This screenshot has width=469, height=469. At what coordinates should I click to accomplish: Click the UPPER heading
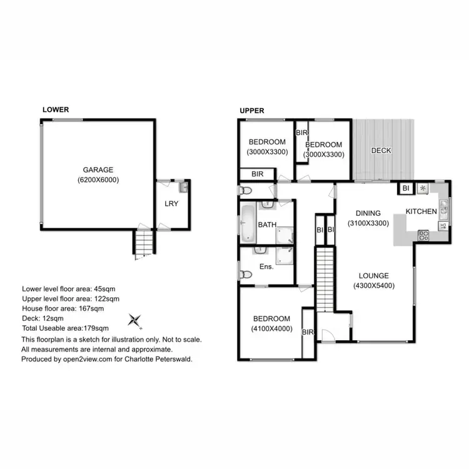[x=252, y=111]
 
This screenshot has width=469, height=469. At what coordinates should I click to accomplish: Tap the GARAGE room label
[x=99, y=169]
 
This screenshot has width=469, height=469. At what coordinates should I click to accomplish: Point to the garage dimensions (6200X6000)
[x=99, y=179]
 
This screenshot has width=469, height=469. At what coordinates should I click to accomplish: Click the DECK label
[x=381, y=151]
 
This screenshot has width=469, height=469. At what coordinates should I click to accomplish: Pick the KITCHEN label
[x=421, y=211]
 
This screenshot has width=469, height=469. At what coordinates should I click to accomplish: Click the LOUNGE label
[x=373, y=276]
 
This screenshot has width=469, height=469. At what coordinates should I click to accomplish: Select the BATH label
[x=268, y=223]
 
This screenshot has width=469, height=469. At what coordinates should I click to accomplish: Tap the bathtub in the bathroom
[x=248, y=222]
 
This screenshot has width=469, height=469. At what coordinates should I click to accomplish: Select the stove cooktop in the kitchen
[x=423, y=235]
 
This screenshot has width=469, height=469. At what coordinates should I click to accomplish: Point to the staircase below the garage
[x=143, y=243]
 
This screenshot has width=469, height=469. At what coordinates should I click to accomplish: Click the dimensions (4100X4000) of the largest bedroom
[x=272, y=328]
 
